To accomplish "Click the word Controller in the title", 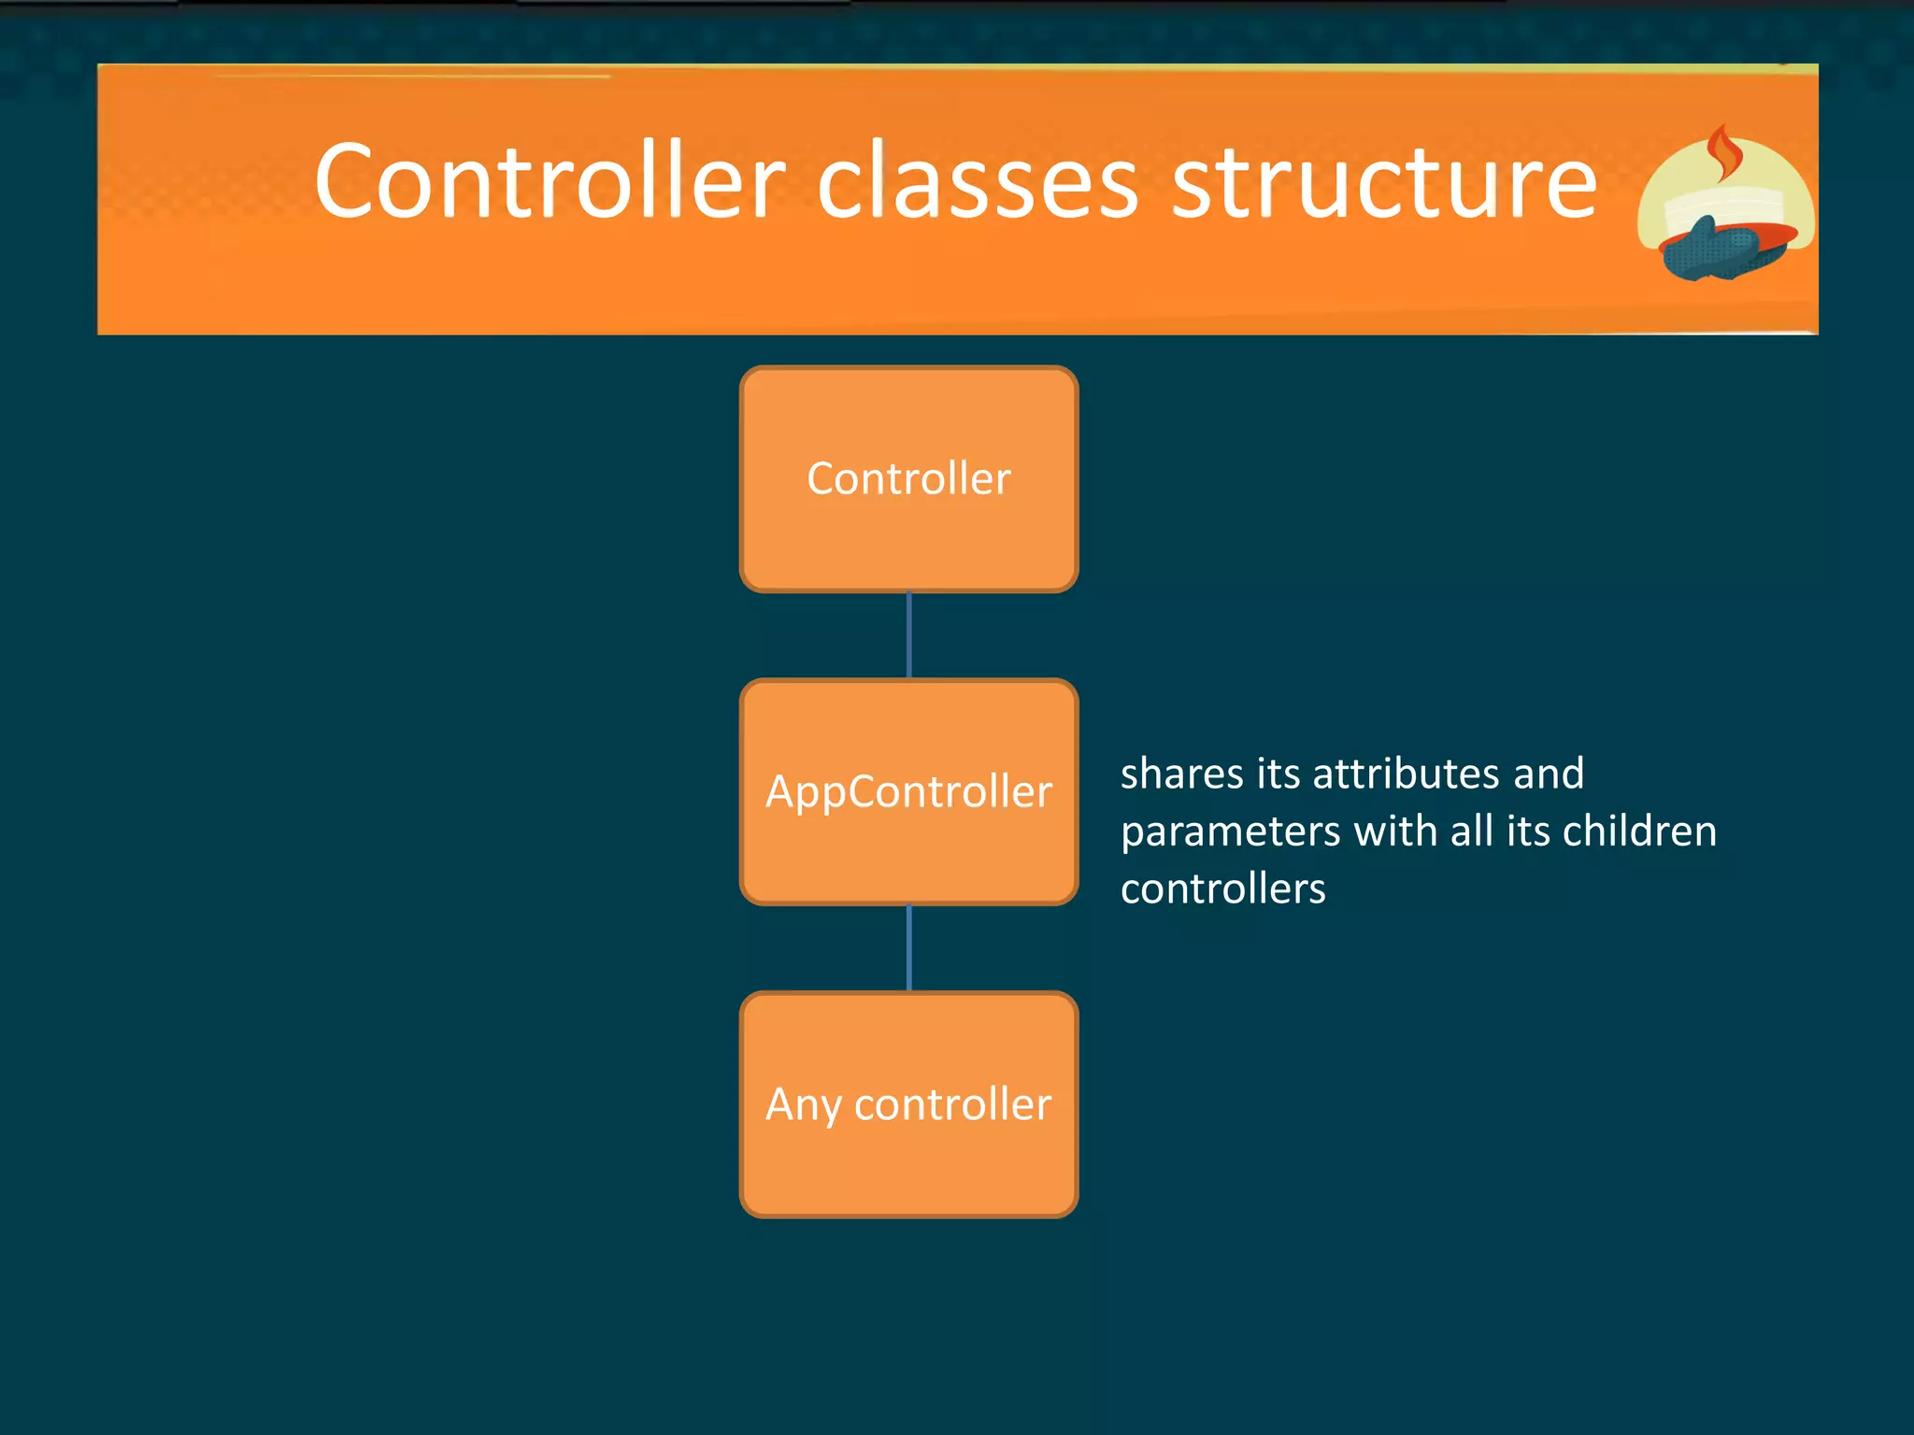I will coord(550,182).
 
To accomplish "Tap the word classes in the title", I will coord(978,182).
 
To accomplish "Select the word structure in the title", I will coord(1384,182).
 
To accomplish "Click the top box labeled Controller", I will coord(908,479).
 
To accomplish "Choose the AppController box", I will coord(908,792).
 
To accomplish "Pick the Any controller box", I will coord(908,1105).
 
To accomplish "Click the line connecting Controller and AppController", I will coord(908,635).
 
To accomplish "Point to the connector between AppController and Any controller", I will coord(908,947).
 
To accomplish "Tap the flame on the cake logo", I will coord(1722,154).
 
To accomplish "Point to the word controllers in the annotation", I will coord(1222,888).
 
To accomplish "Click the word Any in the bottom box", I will coord(803,1105).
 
